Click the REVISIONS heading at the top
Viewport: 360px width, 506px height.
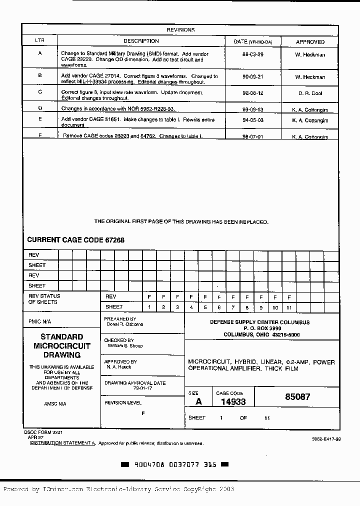click(x=180, y=30)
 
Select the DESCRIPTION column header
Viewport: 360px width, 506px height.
click(x=141, y=41)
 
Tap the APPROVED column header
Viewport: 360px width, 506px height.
click(x=310, y=42)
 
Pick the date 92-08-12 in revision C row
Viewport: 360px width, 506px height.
click(x=252, y=93)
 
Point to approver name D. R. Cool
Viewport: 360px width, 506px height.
click(x=310, y=93)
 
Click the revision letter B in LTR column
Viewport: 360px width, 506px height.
click(x=40, y=75)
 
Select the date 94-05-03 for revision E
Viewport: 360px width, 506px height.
click(x=252, y=120)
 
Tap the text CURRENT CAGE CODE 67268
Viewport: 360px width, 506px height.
click(x=76, y=240)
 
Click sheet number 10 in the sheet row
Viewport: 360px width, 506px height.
click(x=275, y=307)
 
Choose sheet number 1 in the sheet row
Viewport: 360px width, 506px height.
click(x=149, y=307)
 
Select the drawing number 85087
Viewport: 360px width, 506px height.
click(x=297, y=397)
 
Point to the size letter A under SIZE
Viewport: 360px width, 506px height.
click(x=198, y=401)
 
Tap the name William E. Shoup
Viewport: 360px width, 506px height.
click(x=125, y=345)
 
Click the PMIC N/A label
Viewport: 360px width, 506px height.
click(x=39, y=321)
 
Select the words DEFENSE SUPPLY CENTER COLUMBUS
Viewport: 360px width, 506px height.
click(x=259, y=322)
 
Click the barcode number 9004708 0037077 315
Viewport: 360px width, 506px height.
click(x=175, y=464)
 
